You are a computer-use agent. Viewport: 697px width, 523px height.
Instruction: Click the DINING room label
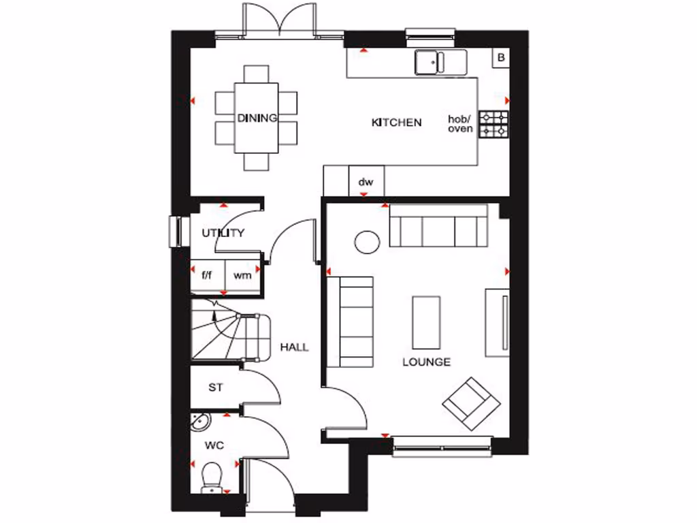[x=257, y=118]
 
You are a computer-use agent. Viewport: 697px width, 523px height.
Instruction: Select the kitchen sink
[x=440, y=62]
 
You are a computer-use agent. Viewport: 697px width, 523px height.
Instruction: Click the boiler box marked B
[x=501, y=58]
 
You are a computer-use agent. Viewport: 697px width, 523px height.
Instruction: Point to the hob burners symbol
[x=493, y=124]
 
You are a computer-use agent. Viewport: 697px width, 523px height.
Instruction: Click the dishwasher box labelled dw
[x=366, y=182]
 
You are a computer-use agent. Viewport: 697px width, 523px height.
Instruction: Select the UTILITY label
[x=223, y=233]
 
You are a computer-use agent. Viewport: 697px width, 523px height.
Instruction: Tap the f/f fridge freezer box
[x=206, y=276]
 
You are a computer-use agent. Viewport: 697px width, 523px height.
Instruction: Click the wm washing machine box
[x=242, y=276]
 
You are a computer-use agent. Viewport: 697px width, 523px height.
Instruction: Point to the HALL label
[x=294, y=347]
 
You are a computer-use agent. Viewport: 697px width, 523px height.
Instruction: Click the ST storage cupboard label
[x=216, y=388]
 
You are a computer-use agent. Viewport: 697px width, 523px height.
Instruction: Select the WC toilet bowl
[x=213, y=474]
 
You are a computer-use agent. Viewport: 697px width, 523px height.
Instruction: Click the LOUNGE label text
[x=426, y=362]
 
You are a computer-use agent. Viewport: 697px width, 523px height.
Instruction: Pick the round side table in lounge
[x=367, y=242]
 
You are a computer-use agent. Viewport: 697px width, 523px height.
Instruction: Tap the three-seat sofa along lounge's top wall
[x=438, y=226]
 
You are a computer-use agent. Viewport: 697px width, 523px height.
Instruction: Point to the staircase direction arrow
[x=215, y=315]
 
